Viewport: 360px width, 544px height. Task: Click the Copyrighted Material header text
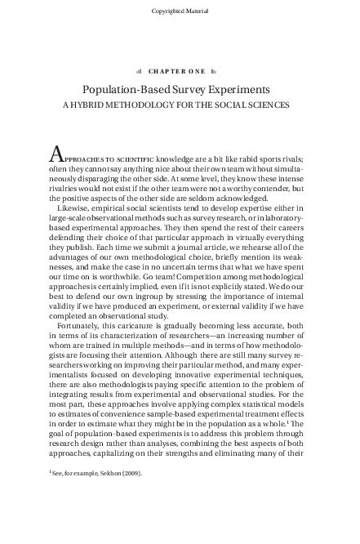pyautogui.click(x=180, y=11)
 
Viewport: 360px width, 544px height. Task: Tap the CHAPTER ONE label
pyautogui.click(x=180, y=71)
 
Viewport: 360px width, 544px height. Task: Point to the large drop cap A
pyautogui.click(x=56, y=155)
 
